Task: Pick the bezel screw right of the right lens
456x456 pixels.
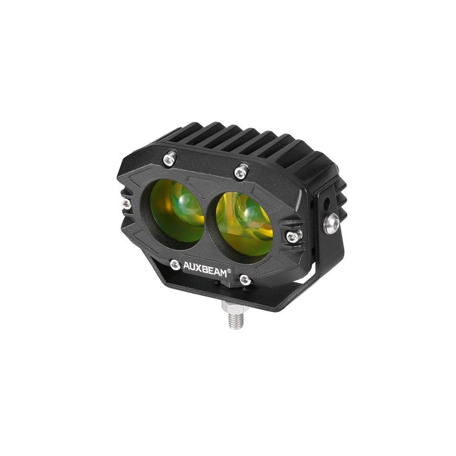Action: coord(291,236)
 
